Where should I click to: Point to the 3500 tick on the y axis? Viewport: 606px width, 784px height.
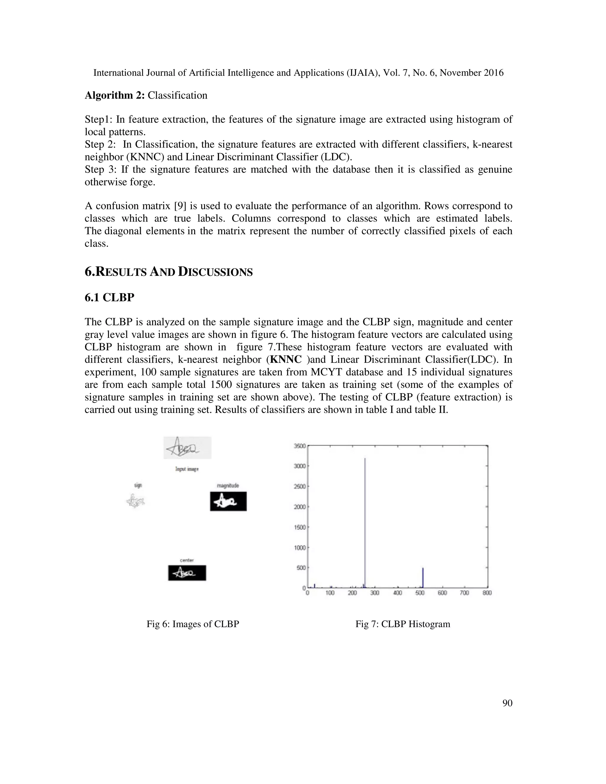click(300, 446)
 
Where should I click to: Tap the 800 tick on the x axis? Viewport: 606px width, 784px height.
click(487, 593)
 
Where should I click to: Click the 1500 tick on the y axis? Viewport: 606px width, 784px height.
click(300, 527)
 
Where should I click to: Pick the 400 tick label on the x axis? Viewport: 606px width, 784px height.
click(397, 593)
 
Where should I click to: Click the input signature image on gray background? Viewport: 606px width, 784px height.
click(187, 448)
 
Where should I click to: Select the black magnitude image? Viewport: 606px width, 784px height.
click(228, 501)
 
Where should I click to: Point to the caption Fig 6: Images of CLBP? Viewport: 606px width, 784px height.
click(193, 624)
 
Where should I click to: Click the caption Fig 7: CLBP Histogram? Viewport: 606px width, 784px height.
click(403, 624)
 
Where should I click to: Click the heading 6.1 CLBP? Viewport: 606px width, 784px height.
click(109, 297)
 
